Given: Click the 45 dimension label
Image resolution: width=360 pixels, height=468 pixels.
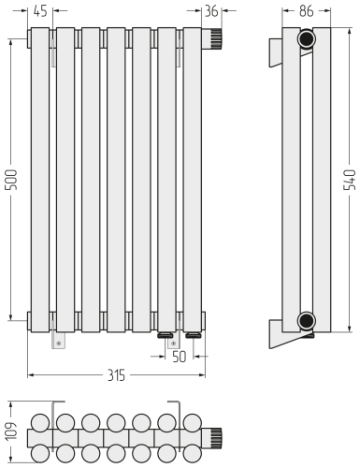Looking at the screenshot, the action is (x=40, y=11).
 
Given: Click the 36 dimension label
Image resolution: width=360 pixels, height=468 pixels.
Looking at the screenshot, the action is (x=211, y=11).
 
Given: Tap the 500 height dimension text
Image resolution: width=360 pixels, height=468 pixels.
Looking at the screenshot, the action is (x=12, y=180).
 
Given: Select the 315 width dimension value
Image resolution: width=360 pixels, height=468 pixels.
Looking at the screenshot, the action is (x=116, y=375).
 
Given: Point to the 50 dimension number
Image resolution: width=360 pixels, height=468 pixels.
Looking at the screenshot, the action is (x=179, y=357).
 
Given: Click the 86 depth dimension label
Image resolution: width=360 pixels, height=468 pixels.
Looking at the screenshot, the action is (x=306, y=11).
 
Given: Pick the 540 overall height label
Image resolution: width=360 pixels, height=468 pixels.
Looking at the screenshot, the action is (x=349, y=180).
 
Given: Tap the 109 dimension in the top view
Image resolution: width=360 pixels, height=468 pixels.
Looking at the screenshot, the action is (x=12, y=431).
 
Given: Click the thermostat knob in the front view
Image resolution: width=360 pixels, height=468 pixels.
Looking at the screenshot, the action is (x=212, y=38).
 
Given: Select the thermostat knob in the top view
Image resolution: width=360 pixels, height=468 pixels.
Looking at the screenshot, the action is (x=212, y=437).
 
